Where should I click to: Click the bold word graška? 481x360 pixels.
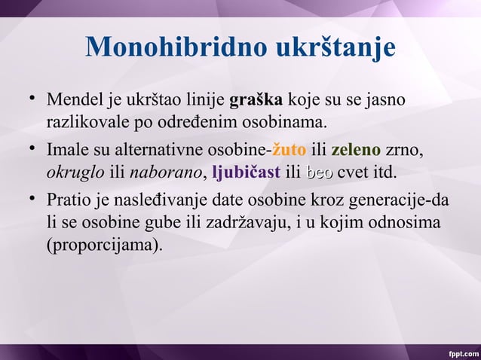pyautogui.click(x=256, y=100)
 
